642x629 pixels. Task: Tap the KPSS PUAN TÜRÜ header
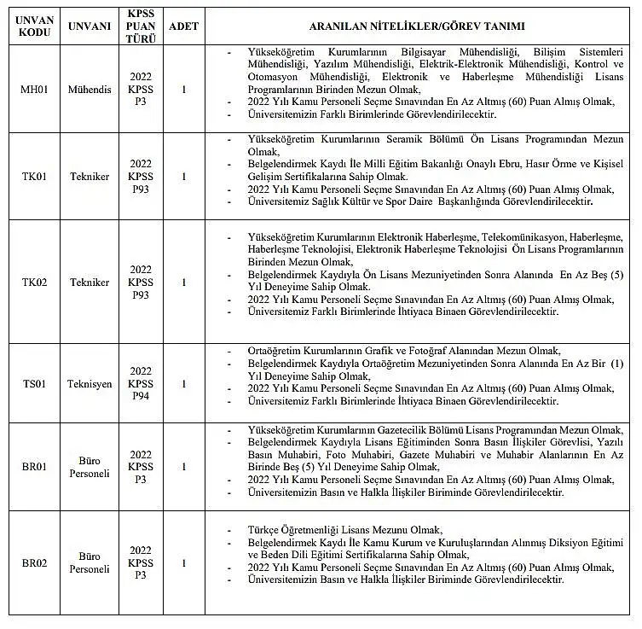[x=141, y=26]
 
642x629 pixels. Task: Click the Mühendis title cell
[x=90, y=89]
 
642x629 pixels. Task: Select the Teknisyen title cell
[x=90, y=384]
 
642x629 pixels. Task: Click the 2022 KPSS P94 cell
[x=141, y=384]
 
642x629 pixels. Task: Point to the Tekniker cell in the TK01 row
[x=90, y=177]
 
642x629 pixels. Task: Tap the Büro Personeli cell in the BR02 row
[x=90, y=563]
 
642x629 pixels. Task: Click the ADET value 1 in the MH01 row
[x=183, y=89]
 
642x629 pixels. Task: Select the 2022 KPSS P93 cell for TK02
[x=141, y=282]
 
